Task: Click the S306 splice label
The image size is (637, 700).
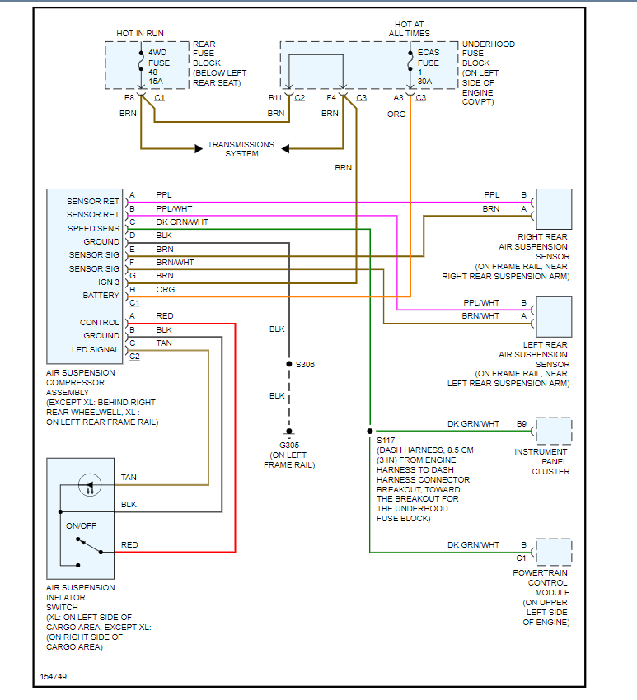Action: click(304, 364)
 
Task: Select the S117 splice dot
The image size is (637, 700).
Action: click(370, 431)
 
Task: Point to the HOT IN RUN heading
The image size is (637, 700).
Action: click(140, 33)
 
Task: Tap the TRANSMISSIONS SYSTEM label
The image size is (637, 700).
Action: click(241, 148)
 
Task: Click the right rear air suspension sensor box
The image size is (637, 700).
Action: click(554, 209)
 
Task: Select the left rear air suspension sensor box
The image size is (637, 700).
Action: click(554, 316)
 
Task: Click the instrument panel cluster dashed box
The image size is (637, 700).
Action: click(554, 431)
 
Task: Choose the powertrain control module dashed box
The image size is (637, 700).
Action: click(554, 551)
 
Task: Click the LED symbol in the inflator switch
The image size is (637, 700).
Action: click(88, 486)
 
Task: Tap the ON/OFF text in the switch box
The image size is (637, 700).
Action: click(82, 525)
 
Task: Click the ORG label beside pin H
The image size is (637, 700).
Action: click(165, 289)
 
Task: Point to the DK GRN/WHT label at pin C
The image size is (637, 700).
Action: click(182, 222)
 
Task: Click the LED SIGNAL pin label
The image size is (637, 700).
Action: click(96, 349)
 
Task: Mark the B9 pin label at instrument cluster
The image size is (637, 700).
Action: click(522, 424)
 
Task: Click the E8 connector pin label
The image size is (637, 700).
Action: click(129, 98)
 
